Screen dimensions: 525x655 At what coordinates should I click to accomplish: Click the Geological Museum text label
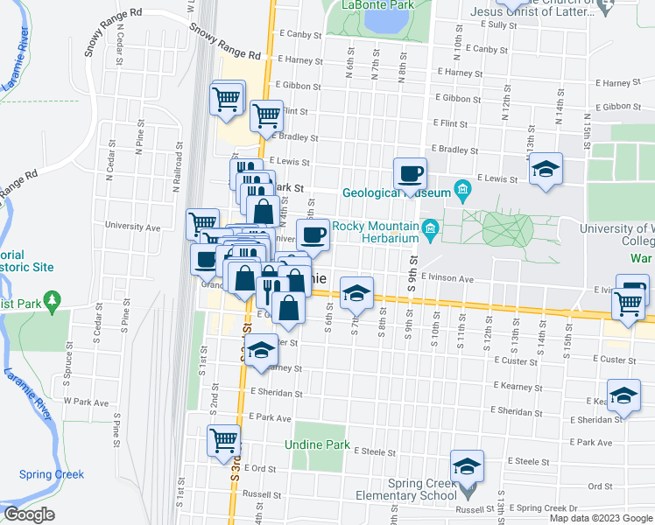click(396, 193)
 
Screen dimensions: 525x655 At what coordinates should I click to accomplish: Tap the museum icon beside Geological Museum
click(463, 190)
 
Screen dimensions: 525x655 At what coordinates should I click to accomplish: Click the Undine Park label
click(317, 444)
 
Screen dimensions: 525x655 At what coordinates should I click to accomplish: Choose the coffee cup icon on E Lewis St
click(409, 173)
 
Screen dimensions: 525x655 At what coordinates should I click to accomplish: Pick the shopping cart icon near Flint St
click(265, 115)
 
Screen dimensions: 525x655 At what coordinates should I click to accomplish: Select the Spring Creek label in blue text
click(52, 474)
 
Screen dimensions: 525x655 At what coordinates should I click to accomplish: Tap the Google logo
click(29, 514)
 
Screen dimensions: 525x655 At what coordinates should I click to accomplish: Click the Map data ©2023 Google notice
click(600, 518)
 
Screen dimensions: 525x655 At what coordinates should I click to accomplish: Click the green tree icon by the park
click(53, 302)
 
